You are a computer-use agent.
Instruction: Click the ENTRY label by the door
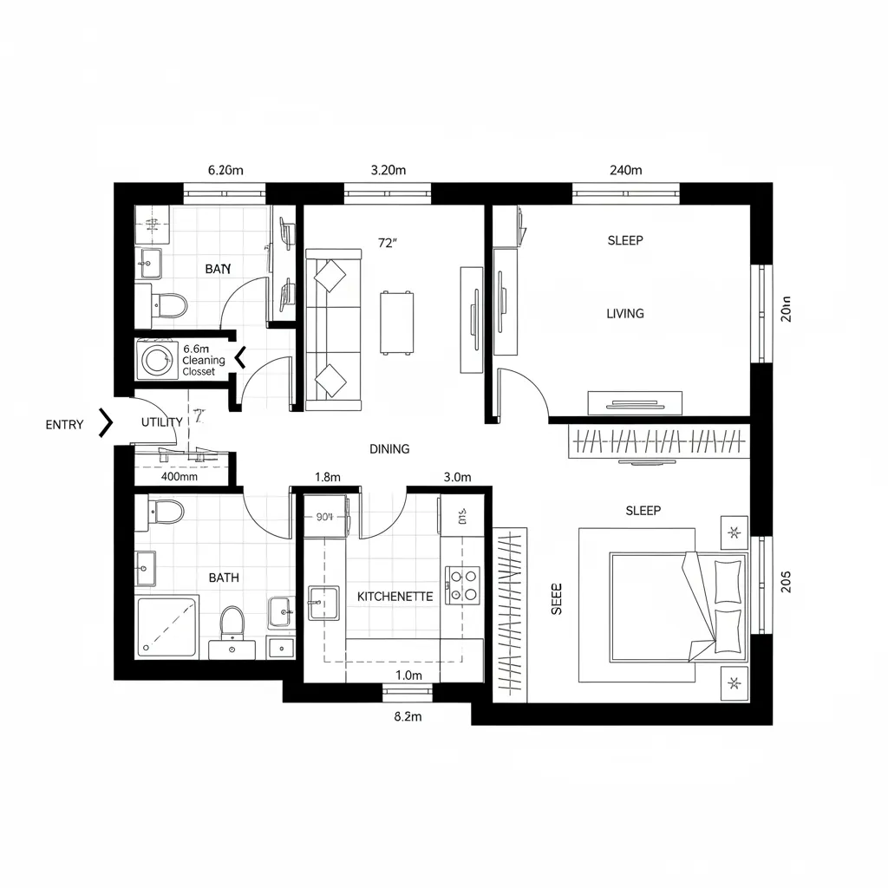[x=65, y=425]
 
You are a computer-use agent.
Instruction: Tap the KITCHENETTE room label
[x=395, y=597]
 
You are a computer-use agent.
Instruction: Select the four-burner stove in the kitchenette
[x=463, y=584]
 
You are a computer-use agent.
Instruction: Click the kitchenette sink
[x=323, y=602]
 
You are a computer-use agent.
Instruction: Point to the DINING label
[x=389, y=449]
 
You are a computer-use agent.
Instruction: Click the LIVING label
[x=624, y=314]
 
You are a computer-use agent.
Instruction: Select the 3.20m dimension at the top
[x=388, y=170]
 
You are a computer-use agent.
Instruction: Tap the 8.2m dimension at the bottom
[x=407, y=716]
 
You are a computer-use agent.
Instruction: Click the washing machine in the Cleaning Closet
[x=157, y=360]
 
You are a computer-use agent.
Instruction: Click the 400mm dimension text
[x=180, y=476]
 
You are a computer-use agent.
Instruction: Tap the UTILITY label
[x=161, y=422]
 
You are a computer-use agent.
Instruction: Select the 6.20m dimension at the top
[x=225, y=170]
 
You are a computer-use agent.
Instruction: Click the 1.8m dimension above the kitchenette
[x=327, y=477]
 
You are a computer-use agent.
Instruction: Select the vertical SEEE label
[x=557, y=598]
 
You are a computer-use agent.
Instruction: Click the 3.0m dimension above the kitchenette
[x=456, y=477]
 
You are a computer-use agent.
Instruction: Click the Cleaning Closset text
[x=204, y=366]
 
